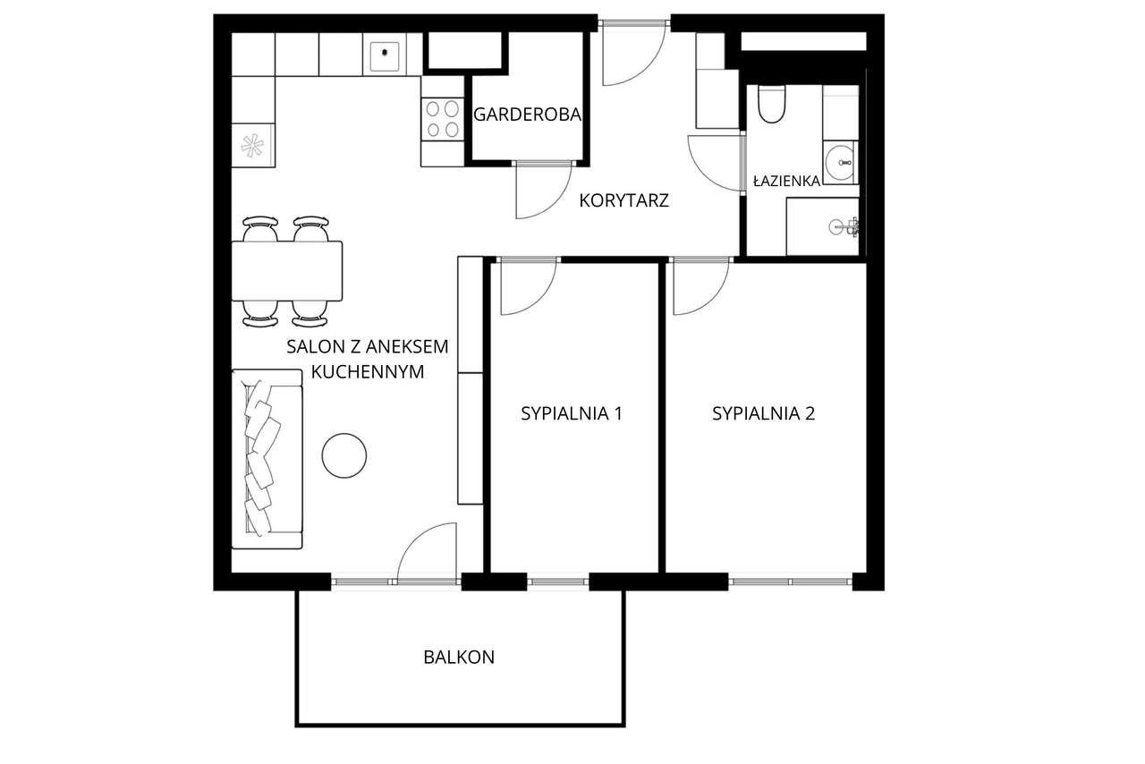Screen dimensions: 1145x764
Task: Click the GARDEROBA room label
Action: (528, 114)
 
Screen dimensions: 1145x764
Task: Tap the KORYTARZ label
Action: (624, 200)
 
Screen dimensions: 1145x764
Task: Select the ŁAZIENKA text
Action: (786, 181)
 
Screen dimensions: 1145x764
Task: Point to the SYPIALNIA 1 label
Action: (572, 413)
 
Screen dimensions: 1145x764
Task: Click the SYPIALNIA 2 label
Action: (763, 413)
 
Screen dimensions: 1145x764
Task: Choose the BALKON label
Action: (459, 658)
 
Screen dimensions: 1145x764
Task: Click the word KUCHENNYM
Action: (368, 372)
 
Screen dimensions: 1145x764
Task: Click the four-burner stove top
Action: (443, 119)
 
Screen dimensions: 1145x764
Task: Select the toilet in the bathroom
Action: (771, 105)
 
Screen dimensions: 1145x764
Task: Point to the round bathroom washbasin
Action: (840, 163)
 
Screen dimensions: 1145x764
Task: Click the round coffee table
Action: (344, 455)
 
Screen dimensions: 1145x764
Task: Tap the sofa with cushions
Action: (267, 459)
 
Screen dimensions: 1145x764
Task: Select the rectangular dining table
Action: (287, 271)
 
